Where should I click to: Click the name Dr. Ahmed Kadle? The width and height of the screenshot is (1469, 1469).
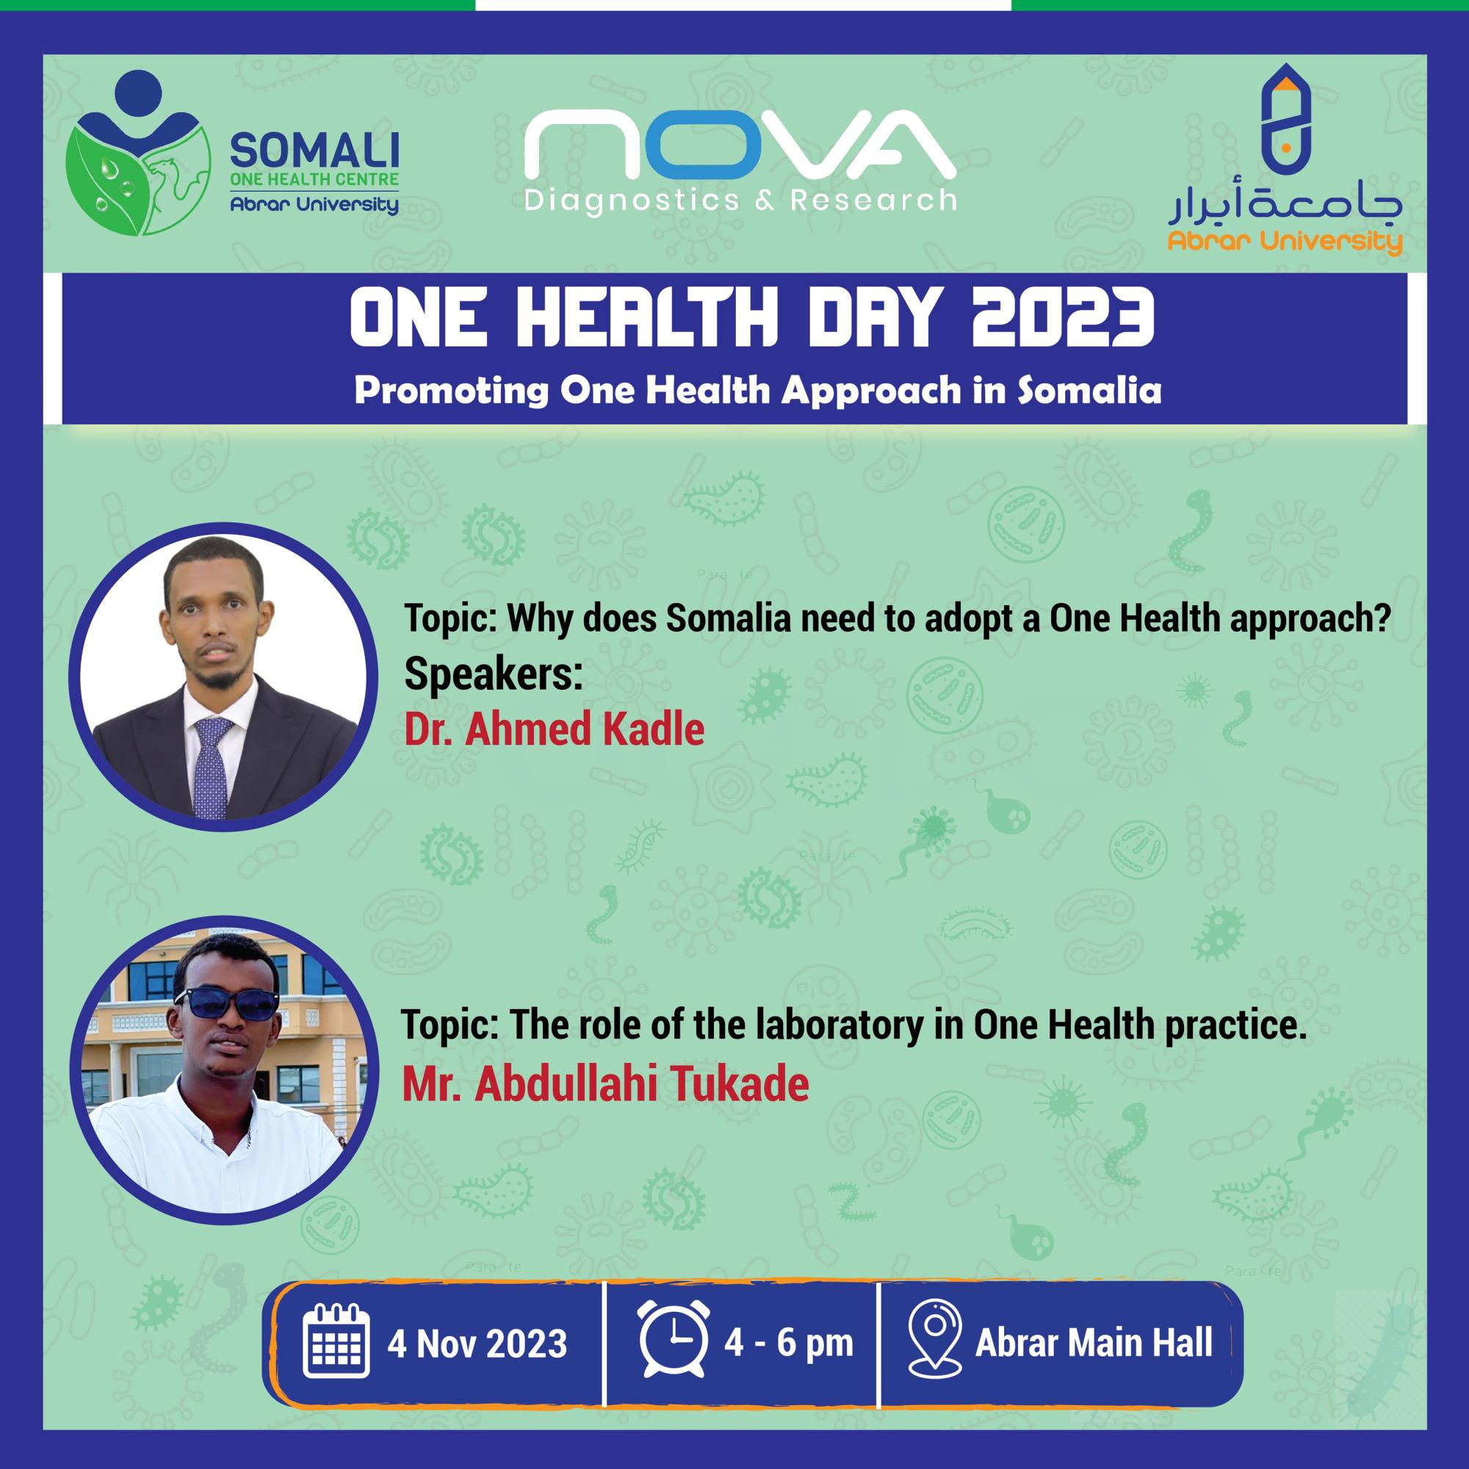click(554, 729)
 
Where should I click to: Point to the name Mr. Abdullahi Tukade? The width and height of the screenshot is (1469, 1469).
click(604, 1084)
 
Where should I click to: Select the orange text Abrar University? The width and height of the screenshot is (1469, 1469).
click(1284, 242)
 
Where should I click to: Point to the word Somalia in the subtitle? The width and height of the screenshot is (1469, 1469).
click(1089, 390)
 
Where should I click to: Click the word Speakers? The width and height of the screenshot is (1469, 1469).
click(493, 674)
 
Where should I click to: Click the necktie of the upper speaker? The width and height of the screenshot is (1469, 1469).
click(210, 768)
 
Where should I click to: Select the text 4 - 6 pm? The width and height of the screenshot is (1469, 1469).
click(787, 1343)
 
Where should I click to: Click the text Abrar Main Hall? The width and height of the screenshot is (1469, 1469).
click(1094, 1343)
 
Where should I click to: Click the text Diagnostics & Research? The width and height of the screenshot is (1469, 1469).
click(740, 200)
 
